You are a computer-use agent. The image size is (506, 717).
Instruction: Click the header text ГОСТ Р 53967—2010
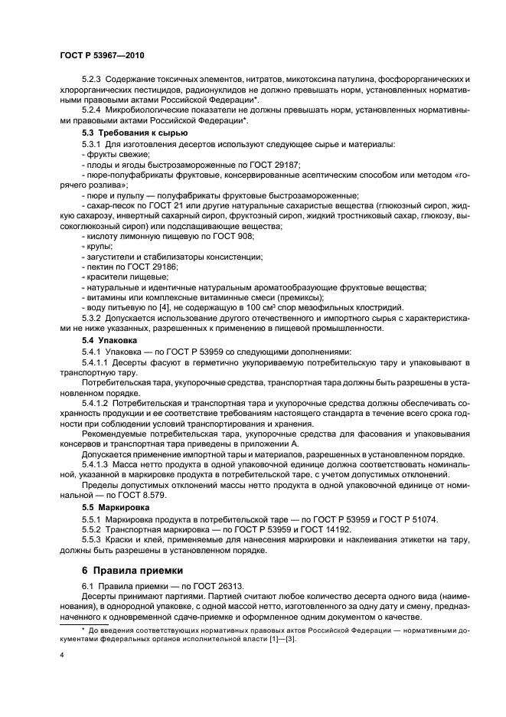[101, 57]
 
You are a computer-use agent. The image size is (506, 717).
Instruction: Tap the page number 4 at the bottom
[61, 655]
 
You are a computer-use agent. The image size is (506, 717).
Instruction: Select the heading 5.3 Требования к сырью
[124, 133]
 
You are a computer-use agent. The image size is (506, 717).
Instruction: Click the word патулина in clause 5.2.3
[340, 80]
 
